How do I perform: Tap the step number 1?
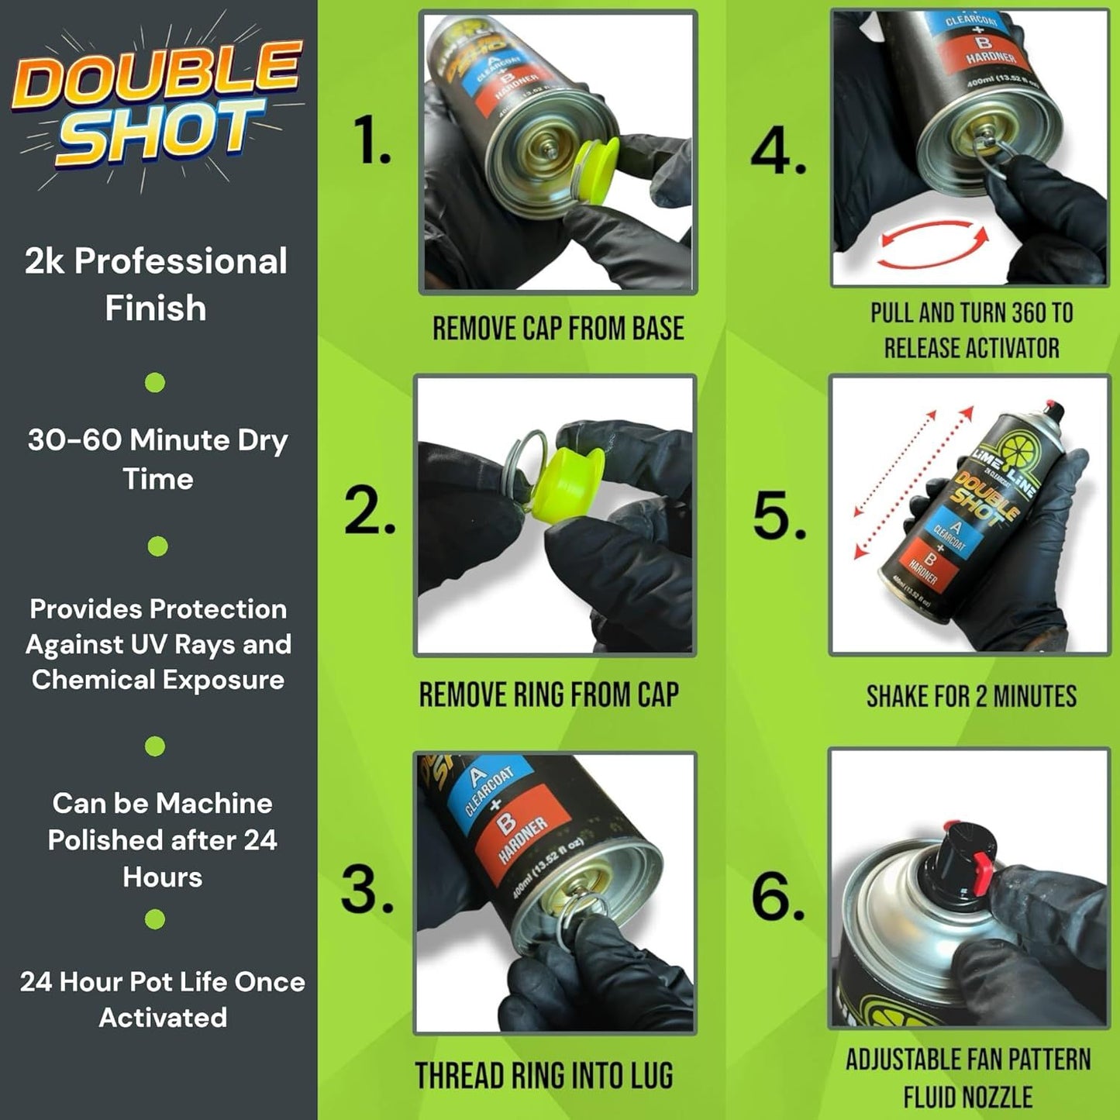tap(371, 141)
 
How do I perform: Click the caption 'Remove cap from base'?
tap(558, 329)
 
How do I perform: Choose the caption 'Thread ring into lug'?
tap(543, 1076)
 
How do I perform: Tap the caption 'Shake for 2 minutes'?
tap(971, 696)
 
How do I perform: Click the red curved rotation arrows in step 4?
tap(933, 245)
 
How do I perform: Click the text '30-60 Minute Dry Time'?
tap(157, 459)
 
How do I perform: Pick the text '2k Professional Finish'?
tap(156, 284)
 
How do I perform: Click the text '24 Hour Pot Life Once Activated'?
tap(162, 999)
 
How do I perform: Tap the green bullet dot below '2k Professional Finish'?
tap(155, 382)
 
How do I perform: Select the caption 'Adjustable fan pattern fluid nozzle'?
tap(967, 1077)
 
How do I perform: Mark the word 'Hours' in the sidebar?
tap(162, 877)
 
